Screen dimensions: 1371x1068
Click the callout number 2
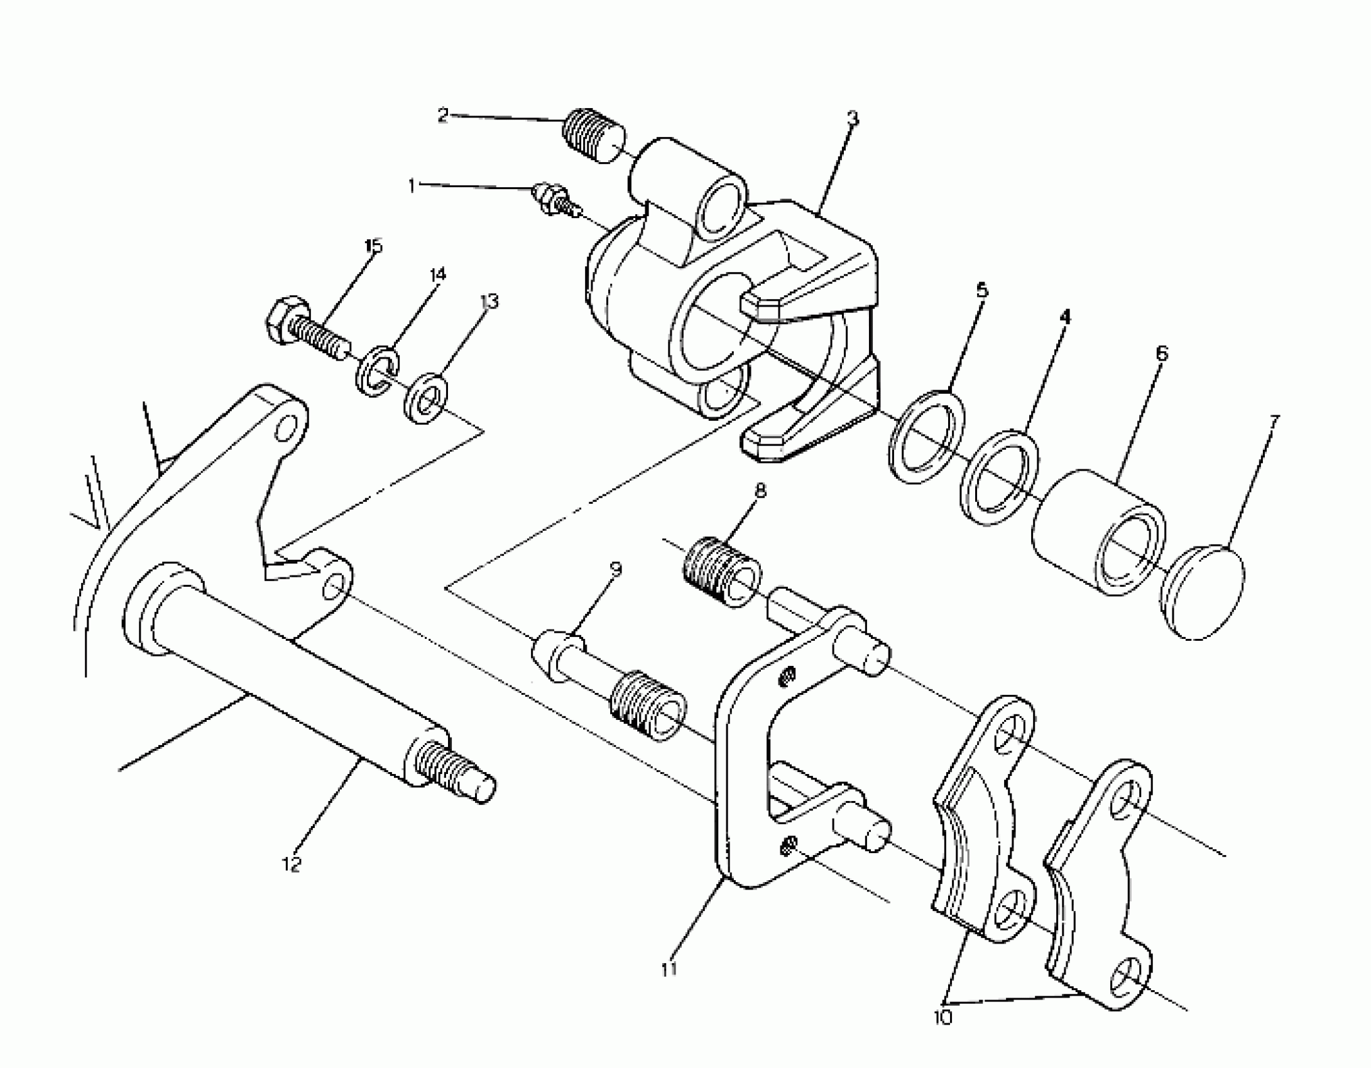(x=444, y=115)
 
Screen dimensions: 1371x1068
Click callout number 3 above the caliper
(x=852, y=119)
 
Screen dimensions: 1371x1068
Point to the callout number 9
(x=616, y=569)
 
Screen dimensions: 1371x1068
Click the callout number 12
(x=292, y=864)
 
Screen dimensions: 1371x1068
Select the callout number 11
(x=669, y=969)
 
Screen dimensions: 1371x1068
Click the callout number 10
(x=943, y=1017)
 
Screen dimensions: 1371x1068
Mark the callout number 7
(x=1272, y=422)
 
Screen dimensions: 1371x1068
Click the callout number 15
(x=373, y=246)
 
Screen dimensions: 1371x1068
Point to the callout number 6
(x=1162, y=354)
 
